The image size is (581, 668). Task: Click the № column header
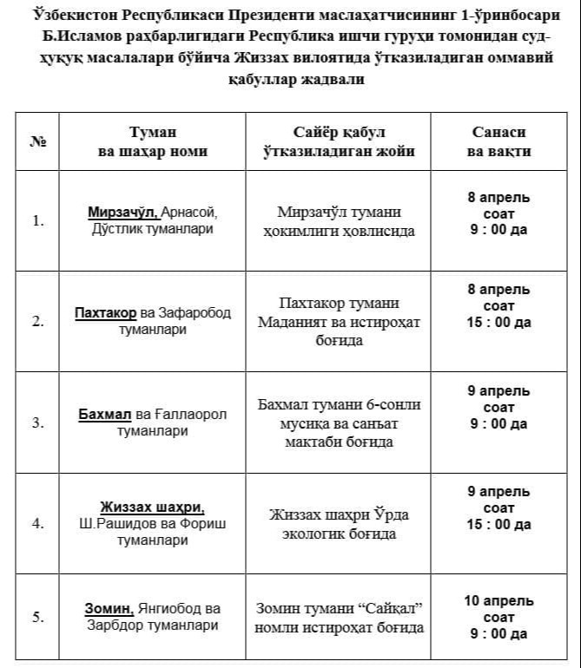pyautogui.click(x=37, y=141)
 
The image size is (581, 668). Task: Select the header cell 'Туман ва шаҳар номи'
pyautogui.click(x=152, y=141)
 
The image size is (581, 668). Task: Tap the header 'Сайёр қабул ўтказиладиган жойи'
pyautogui.click(x=338, y=141)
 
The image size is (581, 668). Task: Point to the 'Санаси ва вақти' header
pyautogui.click(x=498, y=141)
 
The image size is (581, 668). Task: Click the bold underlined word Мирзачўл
pyautogui.click(x=122, y=212)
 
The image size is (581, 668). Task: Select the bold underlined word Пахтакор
pyautogui.click(x=105, y=312)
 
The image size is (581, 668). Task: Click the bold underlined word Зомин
pyautogui.click(x=109, y=608)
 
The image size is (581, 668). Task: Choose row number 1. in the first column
pyautogui.click(x=38, y=220)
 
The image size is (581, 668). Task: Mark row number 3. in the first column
pyautogui.click(x=38, y=422)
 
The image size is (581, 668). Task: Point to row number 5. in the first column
pyautogui.click(x=38, y=617)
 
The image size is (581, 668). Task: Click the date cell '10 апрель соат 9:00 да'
pyautogui.click(x=498, y=617)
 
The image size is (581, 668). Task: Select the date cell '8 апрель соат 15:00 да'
pyautogui.click(x=498, y=305)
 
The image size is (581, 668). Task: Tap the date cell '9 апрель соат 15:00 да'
pyautogui.click(x=498, y=508)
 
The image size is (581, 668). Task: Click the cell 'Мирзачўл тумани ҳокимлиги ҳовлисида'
pyautogui.click(x=338, y=221)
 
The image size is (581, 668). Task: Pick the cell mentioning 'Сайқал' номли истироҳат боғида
pyautogui.click(x=338, y=618)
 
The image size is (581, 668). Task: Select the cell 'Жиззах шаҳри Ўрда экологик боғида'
pyautogui.click(x=338, y=524)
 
